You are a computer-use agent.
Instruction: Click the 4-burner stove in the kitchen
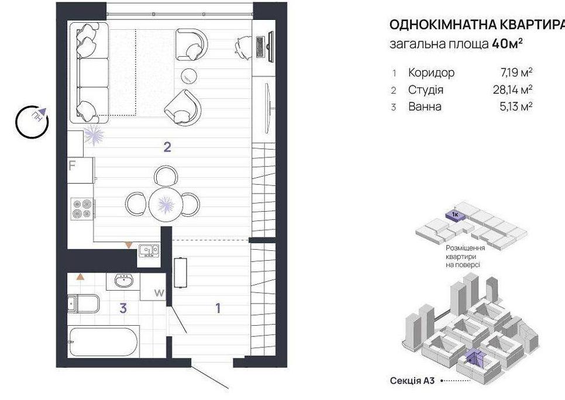coord(82,209)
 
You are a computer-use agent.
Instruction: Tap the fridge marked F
coord(81,170)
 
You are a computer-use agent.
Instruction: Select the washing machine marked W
coord(153,287)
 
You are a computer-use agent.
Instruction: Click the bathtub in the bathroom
coord(104,342)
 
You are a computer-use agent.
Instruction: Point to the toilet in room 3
coord(83,304)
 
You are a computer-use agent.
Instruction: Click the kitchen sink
coord(149,250)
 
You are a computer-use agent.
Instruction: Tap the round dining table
coord(166,204)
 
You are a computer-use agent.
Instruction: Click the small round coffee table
coord(189,75)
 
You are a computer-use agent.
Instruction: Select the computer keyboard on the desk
coord(260,46)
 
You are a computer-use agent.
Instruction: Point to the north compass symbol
coord(32,122)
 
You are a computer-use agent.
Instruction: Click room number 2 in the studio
coord(167,147)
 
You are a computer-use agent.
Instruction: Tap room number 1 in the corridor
coord(218,308)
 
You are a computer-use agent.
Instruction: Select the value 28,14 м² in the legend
coord(512,89)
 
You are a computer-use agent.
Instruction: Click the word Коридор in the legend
coord(431,73)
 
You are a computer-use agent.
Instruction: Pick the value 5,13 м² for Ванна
coord(516,106)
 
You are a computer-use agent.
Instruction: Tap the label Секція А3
coord(412,381)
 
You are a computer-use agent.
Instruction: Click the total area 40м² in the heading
coord(507,44)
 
